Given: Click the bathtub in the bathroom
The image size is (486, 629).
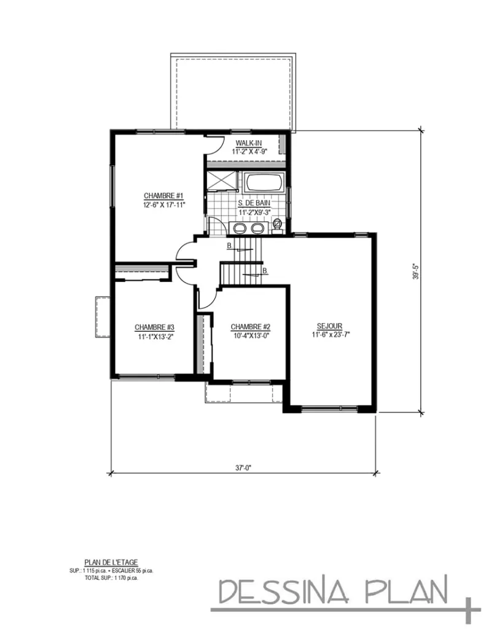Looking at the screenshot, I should tap(264, 183).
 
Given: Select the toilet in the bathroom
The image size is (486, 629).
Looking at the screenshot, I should tap(278, 225).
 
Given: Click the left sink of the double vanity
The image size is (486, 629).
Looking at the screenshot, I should tap(238, 229).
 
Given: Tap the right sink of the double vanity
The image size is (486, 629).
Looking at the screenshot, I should tap(257, 229).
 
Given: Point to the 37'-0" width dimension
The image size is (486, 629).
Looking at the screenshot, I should tap(243, 467).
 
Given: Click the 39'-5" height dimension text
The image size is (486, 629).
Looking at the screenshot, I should tap(415, 271).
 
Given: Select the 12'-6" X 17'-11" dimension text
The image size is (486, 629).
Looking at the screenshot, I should tap(163, 205).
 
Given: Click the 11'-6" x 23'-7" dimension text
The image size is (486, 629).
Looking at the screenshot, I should tap(331, 335).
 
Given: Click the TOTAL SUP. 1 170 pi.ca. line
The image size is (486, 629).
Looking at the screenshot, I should tap(111, 577).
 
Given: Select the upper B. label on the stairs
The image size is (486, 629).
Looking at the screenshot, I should tap(229, 247).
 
